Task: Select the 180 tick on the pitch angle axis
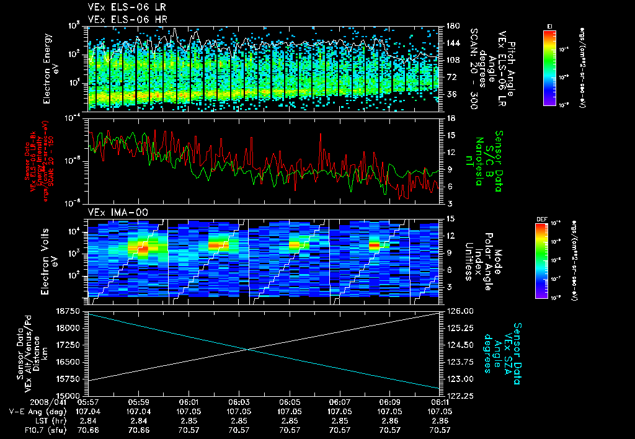452,27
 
